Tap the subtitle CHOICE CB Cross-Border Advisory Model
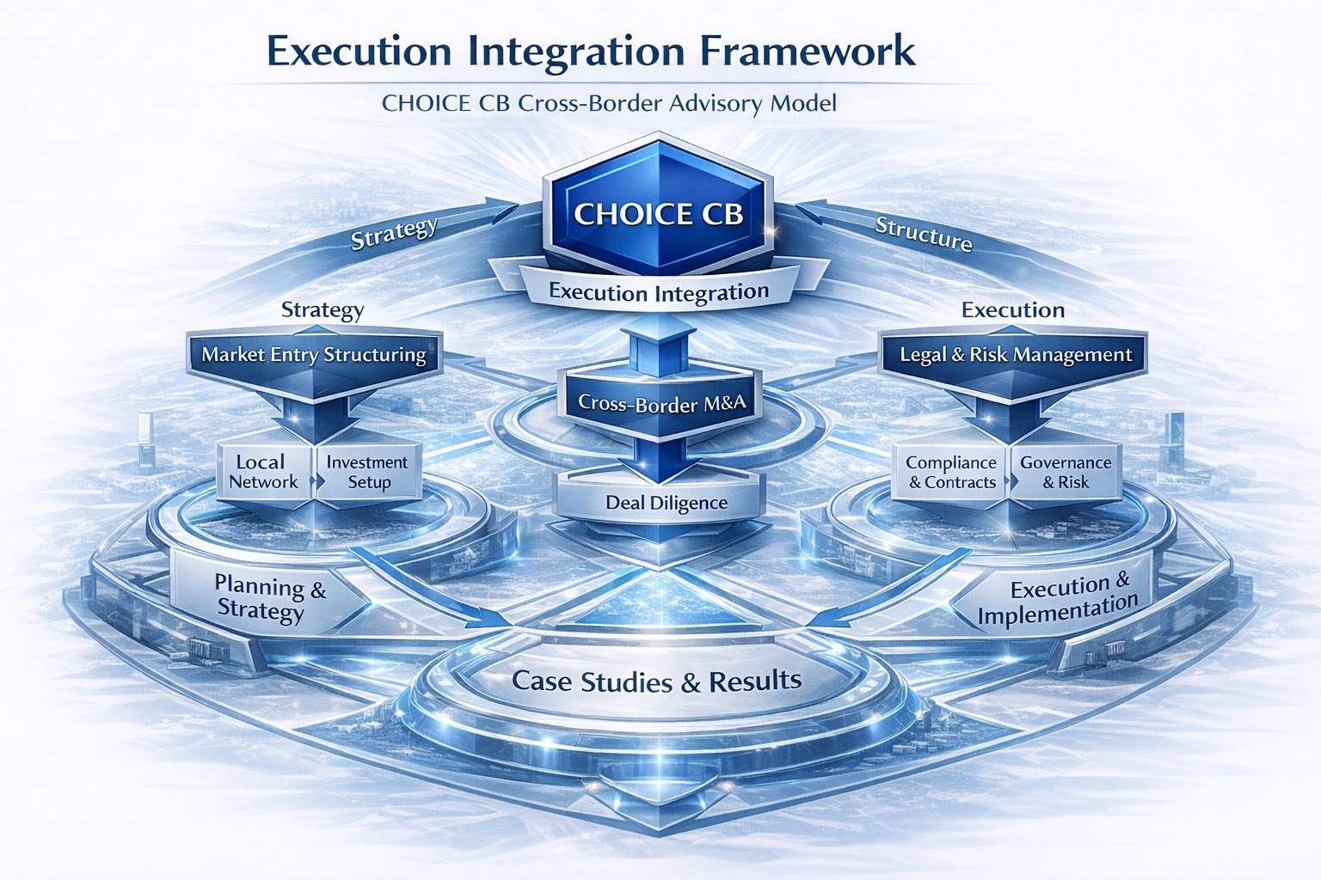click(x=609, y=104)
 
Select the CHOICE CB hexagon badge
click(x=658, y=213)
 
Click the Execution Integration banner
click(x=658, y=292)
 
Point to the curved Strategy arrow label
click(x=395, y=233)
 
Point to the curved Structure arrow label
click(x=923, y=234)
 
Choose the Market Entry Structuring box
click(x=314, y=355)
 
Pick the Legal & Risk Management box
click(x=1016, y=355)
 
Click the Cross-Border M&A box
click(x=661, y=402)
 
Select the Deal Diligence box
click(x=666, y=503)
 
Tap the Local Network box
click(x=263, y=472)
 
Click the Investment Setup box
click(x=368, y=472)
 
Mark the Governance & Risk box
click(x=1066, y=472)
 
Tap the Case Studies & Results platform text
click(x=656, y=681)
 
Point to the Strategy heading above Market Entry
click(x=323, y=309)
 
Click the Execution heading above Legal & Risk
click(x=1013, y=309)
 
